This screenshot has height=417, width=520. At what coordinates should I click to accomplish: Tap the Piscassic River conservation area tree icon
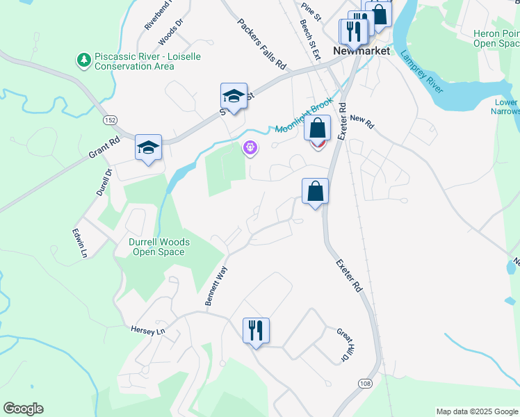[x=84, y=60]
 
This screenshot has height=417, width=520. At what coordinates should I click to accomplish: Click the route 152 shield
[x=109, y=120]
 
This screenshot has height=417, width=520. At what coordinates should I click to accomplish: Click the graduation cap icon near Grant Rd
[x=148, y=147]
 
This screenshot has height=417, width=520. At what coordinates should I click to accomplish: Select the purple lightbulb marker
[x=250, y=148]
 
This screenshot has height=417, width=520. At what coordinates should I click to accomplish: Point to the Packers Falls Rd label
[x=261, y=44]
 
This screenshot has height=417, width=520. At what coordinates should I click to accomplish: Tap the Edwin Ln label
[x=80, y=244]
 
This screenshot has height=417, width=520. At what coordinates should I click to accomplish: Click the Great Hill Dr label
[x=341, y=345]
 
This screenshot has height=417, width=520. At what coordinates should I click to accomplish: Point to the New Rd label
[x=362, y=122]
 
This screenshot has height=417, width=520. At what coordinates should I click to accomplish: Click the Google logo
[x=23, y=409]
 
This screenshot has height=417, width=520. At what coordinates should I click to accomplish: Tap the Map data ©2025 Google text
[x=477, y=411]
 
